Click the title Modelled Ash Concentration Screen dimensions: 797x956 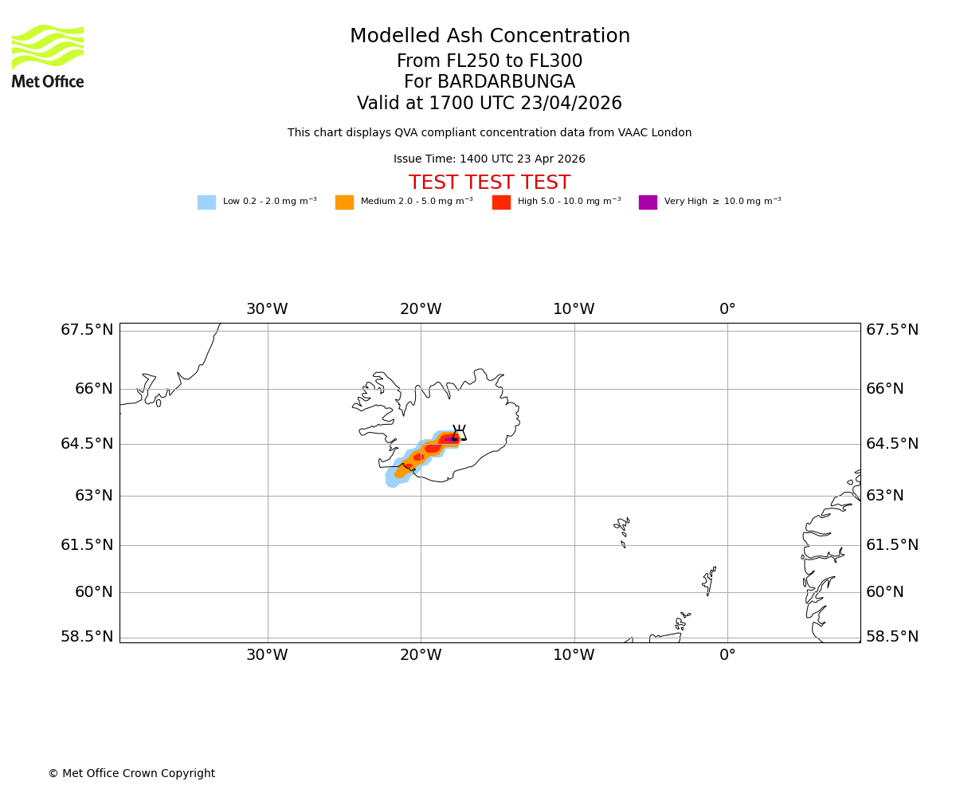tap(489, 37)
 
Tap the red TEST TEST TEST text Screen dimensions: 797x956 tap(489, 183)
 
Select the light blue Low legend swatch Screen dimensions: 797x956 tap(206, 202)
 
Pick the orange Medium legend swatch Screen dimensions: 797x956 tap(344, 202)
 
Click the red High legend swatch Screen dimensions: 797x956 tap(501, 202)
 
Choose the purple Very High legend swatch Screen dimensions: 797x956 tap(648, 202)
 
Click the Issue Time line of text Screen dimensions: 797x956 tap(489, 159)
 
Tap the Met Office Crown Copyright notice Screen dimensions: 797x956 tap(131, 774)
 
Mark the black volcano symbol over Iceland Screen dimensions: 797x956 tap(459, 433)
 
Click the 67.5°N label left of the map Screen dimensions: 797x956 tap(87, 330)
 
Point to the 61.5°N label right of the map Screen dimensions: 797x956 tap(892, 545)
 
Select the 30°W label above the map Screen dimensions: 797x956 tap(267, 309)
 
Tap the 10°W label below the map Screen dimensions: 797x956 tap(574, 656)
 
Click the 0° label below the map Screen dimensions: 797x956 tap(727, 656)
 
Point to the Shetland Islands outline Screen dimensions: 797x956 tap(709, 582)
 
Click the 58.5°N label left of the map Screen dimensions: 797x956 tap(87, 637)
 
